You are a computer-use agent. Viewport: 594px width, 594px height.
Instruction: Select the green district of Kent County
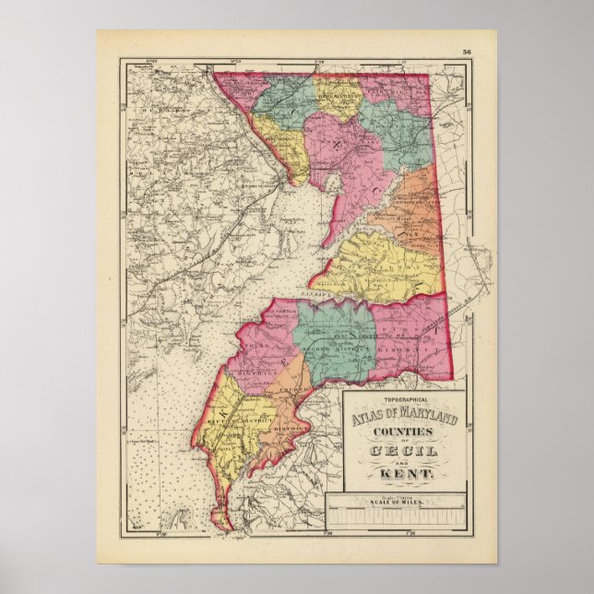tap(337, 332)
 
